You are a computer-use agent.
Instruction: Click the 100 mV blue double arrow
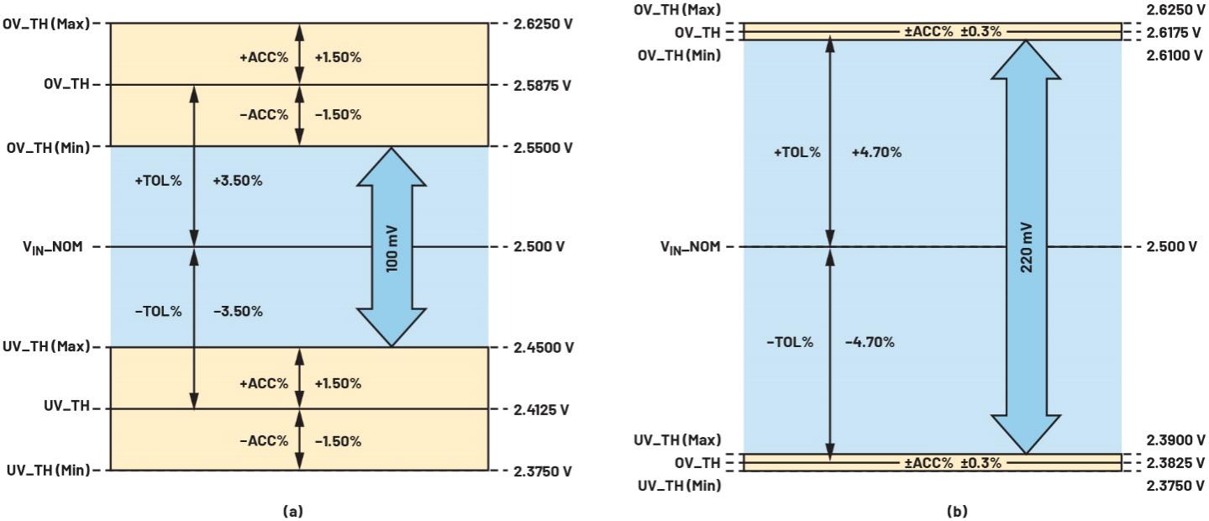392,247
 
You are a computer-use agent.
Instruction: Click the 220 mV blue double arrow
1026,247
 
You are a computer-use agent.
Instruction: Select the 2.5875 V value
542,86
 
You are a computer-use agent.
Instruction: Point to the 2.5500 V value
543,147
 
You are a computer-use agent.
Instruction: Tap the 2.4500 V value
544,347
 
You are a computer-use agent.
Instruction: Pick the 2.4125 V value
541,409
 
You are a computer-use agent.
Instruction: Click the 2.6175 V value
1174,33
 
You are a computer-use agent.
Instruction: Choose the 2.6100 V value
1175,55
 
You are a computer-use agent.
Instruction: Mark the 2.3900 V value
1175,440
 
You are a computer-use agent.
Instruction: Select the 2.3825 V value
1175,463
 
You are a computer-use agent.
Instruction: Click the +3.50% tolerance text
238,181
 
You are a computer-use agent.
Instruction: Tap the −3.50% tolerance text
238,312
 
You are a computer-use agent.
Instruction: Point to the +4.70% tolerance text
876,152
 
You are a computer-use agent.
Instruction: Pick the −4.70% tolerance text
870,342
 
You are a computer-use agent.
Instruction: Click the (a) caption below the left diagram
293,511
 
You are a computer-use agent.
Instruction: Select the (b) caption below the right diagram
957,511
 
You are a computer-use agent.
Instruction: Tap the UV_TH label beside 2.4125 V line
67,406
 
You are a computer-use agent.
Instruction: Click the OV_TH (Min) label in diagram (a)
48,147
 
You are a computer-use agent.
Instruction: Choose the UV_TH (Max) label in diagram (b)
677,440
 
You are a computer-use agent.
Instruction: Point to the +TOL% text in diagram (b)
797,152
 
